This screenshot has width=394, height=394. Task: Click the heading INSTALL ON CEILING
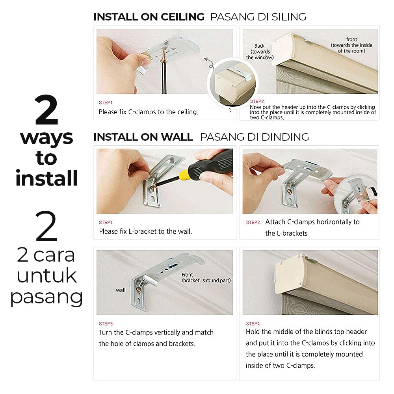pyautogui.click(x=149, y=17)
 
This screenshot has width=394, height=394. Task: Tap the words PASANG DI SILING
pyautogui.click(x=258, y=17)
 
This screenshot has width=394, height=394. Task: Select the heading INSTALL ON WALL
pyautogui.click(x=143, y=137)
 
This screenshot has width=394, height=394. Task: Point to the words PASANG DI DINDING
pyautogui.click(x=254, y=137)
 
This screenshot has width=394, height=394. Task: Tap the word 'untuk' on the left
pyautogui.click(x=47, y=276)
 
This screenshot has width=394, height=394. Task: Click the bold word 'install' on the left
pyautogui.click(x=46, y=178)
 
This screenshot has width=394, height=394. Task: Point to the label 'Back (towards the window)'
pyautogui.click(x=260, y=52)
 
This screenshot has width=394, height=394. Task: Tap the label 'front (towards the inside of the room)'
pyautogui.click(x=351, y=45)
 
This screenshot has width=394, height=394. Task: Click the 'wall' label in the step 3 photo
pyautogui.click(x=121, y=290)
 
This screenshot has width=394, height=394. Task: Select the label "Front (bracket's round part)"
pyautogui.click(x=206, y=277)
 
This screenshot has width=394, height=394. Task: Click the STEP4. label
pyautogui.click(x=253, y=323)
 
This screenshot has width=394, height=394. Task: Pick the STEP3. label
pyautogui.click(x=106, y=324)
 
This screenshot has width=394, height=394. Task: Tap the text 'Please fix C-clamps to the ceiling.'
pyautogui.click(x=149, y=112)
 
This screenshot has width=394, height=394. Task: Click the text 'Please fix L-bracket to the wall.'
pyautogui.click(x=145, y=231)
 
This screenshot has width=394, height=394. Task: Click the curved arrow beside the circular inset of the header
pyautogui.click(x=209, y=63)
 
